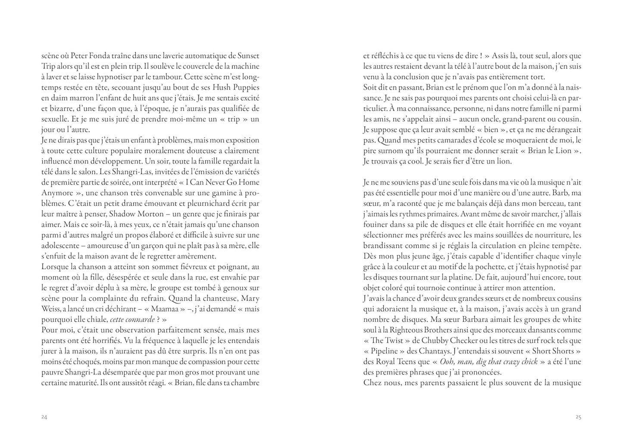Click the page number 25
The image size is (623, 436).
coord(578,417)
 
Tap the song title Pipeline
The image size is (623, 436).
coord(383,351)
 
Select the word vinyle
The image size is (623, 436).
coord(570,256)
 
